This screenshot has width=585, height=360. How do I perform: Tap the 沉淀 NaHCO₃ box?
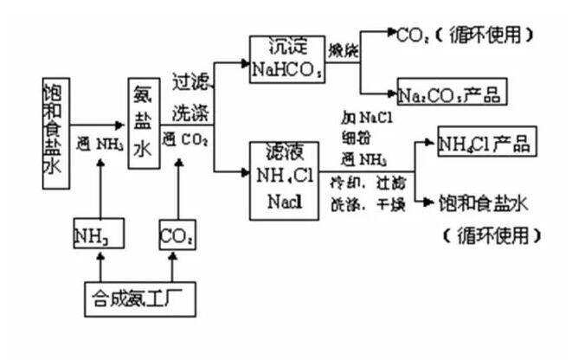pyautogui.click(x=286, y=60)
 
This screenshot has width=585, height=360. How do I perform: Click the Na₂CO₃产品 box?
pyautogui.click(x=450, y=93)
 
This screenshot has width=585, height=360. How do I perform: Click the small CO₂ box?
pyautogui.click(x=177, y=234)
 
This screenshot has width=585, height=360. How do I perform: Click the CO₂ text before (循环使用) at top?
pyautogui.click(x=411, y=35)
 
